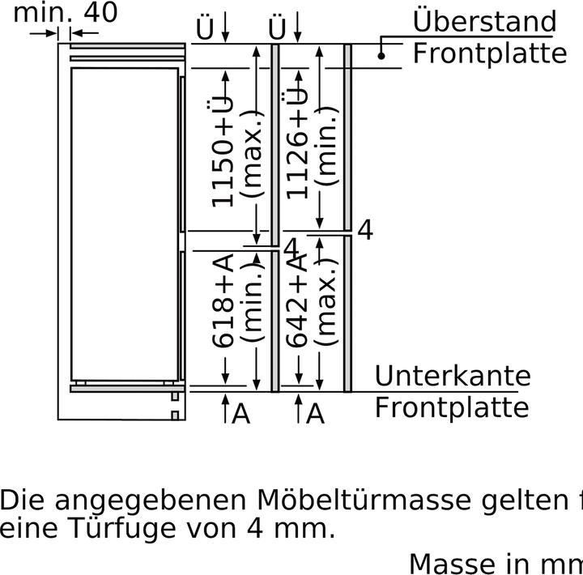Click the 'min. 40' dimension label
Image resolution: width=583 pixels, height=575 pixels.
click(x=66, y=12)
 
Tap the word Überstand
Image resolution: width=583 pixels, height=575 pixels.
click(x=484, y=22)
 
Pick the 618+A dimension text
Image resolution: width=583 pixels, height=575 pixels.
click(x=224, y=300)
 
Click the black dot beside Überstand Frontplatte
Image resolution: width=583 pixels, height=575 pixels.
click(x=381, y=55)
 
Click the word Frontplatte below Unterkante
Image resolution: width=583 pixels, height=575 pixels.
click(x=451, y=407)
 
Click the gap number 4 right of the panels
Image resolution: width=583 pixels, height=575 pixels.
click(x=365, y=230)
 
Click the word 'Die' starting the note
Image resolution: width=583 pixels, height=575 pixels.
click(x=23, y=500)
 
